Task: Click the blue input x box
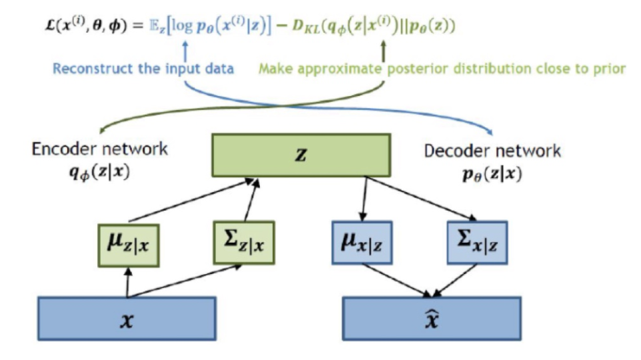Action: [126, 318]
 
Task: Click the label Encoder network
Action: [100, 149]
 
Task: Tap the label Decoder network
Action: [492, 151]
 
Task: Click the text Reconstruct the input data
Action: [143, 69]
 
